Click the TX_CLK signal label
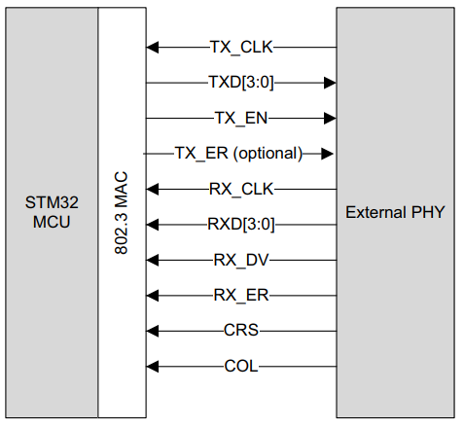240,47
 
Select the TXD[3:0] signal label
240,83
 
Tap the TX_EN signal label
240,119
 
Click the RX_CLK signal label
240,190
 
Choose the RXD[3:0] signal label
240,225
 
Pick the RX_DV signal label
240,261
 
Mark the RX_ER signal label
240,296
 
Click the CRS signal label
240,332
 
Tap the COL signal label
240,367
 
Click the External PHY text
395,211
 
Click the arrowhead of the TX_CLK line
151,47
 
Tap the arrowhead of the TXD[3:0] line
330,83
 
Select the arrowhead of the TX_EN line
330,119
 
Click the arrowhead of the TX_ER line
328,154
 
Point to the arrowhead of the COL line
151,367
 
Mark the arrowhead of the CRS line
151,332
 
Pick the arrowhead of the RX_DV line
151,261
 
